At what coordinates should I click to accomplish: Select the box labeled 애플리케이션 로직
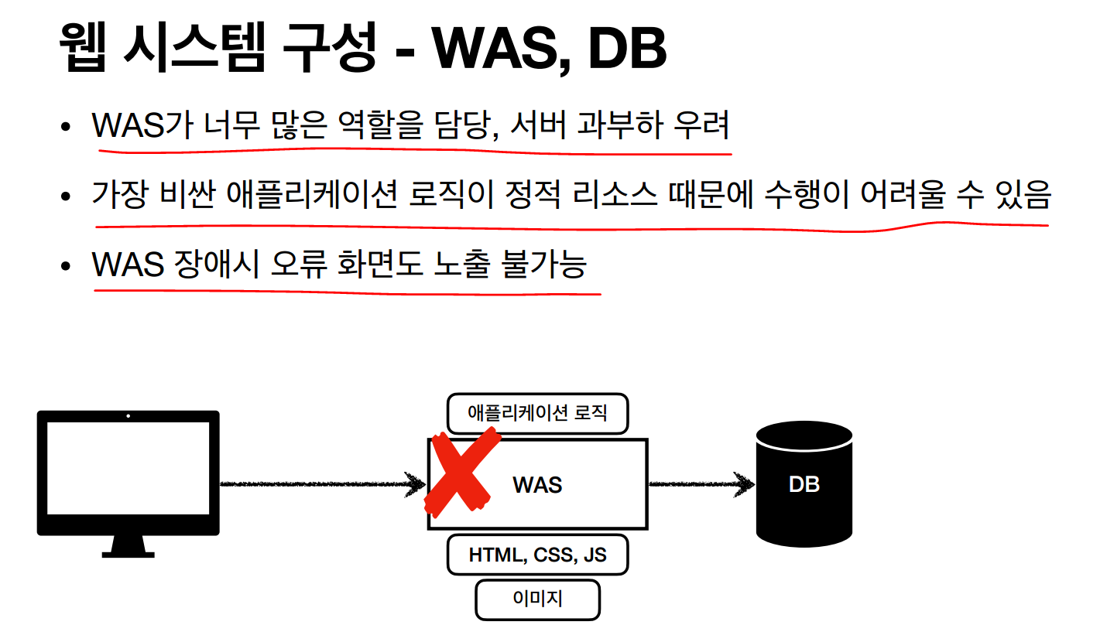click(x=537, y=413)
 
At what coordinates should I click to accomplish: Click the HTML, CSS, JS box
click(x=537, y=555)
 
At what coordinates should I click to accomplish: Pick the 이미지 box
click(x=537, y=599)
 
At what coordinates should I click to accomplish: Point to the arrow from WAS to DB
click(x=701, y=484)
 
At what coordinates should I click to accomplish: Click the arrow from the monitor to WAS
click(x=321, y=484)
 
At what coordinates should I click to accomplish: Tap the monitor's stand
click(x=128, y=545)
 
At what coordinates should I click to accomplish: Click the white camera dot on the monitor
click(x=128, y=416)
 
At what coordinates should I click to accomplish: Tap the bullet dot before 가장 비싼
click(x=66, y=195)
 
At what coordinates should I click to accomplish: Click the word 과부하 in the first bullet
click(x=620, y=125)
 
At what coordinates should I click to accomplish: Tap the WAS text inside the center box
click(x=537, y=485)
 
